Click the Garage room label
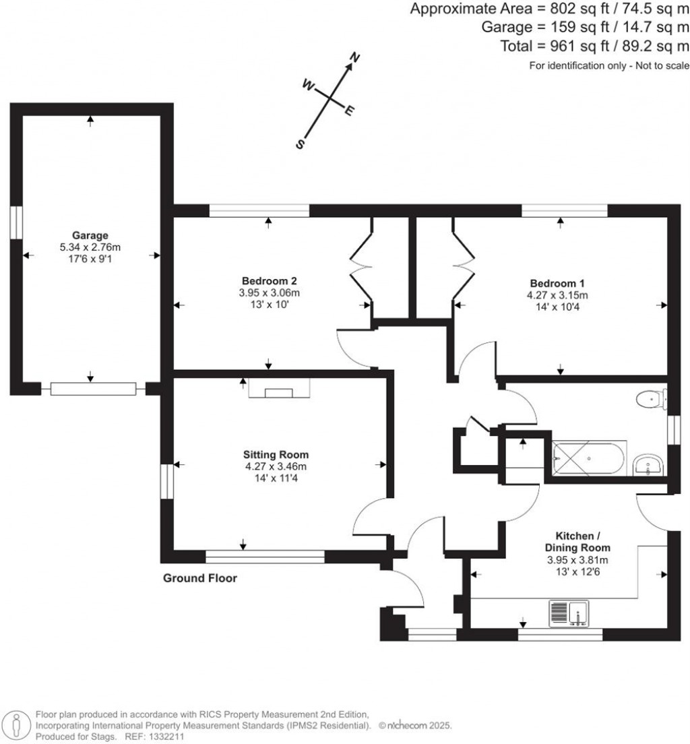point(91,235)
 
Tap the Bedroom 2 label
point(270,281)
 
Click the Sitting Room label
point(276,455)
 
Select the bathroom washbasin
point(648,464)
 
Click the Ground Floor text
point(200,578)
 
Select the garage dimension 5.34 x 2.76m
point(91,247)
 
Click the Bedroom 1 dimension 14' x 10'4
point(558,307)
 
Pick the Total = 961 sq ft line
point(594,46)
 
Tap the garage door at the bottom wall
point(93,389)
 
